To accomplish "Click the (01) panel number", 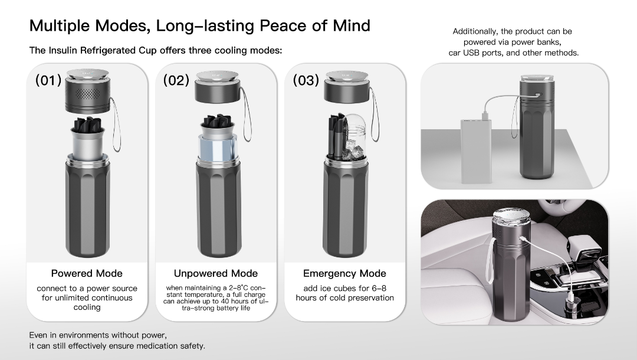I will pyautogui.click(x=49, y=80).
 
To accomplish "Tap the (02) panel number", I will pyautogui.click(x=176, y=80).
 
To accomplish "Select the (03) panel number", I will pyautogui.click(x=306, y=80).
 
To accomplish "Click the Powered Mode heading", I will pyautogui.click(x=87, y=273).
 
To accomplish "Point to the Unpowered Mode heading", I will pyautogui.click(x=216, y=273).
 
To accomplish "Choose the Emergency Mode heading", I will pyautogui.click(x=344, y=273).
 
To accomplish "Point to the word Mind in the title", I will pyautogui.click(x=350, y=26).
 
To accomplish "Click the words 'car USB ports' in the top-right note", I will pyautogui.click(x=477, y=53).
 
